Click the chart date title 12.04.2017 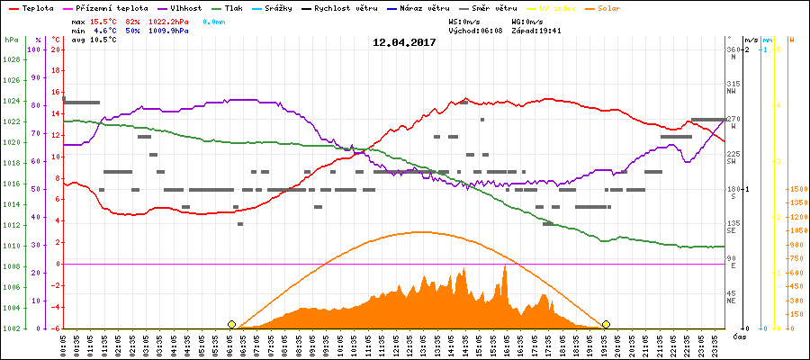tap(404, 42)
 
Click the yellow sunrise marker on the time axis tap(231, 324)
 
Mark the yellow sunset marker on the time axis tap(606, 324)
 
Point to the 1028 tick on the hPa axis tap(11, 59)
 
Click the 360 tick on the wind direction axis tap(733, 49)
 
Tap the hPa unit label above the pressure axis tap(11, 40)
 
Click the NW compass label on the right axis tap(733, 91)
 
